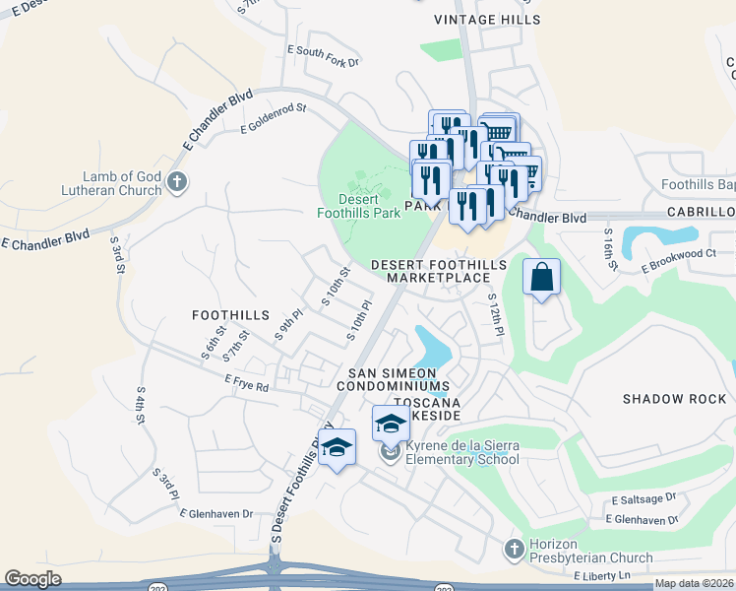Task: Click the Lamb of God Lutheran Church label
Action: pos(109,183)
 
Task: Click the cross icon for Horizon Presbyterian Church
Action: pos(512,548)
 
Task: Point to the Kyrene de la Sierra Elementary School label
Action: pos(462,452)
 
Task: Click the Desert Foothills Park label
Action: pos(358,204)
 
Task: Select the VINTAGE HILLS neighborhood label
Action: pos(486,20)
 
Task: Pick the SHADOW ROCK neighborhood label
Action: pos(674,399)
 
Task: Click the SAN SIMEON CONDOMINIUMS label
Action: pos(400,380)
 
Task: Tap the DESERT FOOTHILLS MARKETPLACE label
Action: pos(438,272)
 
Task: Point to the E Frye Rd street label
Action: pos(247,383)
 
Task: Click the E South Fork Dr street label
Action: pos(324,55)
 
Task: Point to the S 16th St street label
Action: pos(609,250)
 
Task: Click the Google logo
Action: pos(33,578)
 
